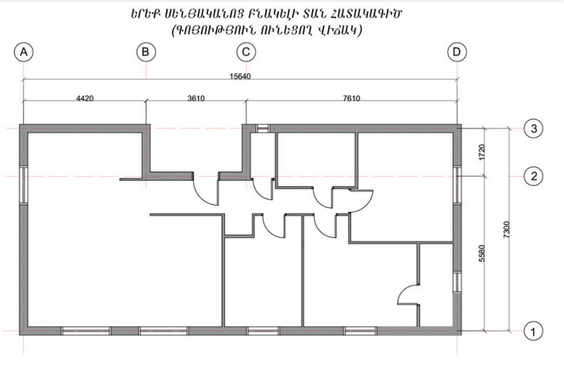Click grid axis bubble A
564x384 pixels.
[x=24, y=52]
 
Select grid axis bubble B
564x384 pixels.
[x=146, y=52]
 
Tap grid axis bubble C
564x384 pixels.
[x=246, y=52]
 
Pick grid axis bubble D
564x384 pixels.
[x=457, y=52]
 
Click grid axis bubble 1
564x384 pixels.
[x=533, y=331]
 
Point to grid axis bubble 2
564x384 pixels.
[x=534, y=176]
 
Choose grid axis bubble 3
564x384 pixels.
[x=534, y=128]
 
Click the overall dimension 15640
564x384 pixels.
[x=240, y=77]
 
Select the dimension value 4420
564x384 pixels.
[x=85, y=98]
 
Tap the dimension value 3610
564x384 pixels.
[x=196, y=98]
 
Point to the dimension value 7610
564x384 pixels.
[x=352, y=98]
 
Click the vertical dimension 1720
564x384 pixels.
[x=482, y=152]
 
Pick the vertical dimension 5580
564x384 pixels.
[x=482, y=253]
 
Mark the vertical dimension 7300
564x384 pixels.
[x=507, y=229]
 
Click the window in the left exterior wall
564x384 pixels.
[x=24, y=185]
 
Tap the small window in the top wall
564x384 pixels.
[x=263, y=128]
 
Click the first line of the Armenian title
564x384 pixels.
[x=266, y=13]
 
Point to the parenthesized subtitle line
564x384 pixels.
[x=267, y=30]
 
